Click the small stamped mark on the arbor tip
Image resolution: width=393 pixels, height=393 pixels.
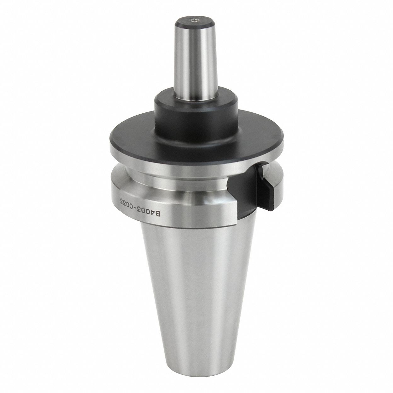193,20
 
